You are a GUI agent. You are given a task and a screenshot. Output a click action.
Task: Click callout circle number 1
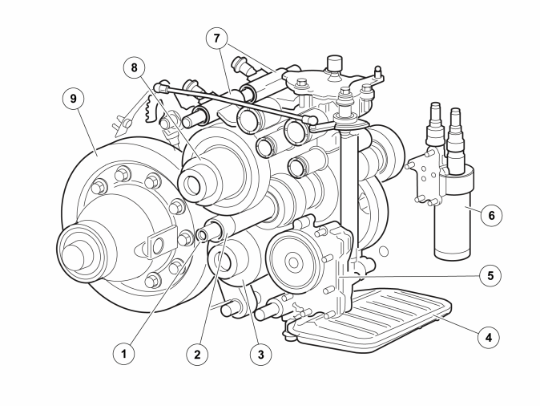point(124,353)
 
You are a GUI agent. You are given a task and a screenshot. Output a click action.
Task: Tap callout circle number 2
point(197,354)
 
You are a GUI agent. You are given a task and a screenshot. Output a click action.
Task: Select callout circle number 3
point(260,354)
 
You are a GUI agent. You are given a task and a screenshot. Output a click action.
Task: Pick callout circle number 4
point(489,337)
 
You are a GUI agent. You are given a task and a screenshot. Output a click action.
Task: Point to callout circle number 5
point(490,275)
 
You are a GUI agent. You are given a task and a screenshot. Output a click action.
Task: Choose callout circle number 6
point(491,215)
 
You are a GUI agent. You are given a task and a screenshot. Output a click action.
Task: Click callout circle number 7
point(216,39)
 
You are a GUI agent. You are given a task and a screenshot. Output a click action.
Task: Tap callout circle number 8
point(134,67)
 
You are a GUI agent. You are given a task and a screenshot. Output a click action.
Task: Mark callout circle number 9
point(73,99)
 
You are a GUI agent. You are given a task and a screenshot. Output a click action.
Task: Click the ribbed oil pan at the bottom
point(369,319)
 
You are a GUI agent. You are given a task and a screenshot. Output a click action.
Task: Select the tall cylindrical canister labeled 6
point(452,212)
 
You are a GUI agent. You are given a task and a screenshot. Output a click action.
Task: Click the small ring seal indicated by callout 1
point(201,235)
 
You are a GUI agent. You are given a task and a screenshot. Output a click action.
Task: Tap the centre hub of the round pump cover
point(293,263)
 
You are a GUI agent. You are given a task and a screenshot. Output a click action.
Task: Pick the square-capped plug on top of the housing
point(334,65)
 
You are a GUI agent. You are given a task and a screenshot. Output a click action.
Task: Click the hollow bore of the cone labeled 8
point(191,185)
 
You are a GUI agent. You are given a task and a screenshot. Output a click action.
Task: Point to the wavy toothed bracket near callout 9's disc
point(151,108)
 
